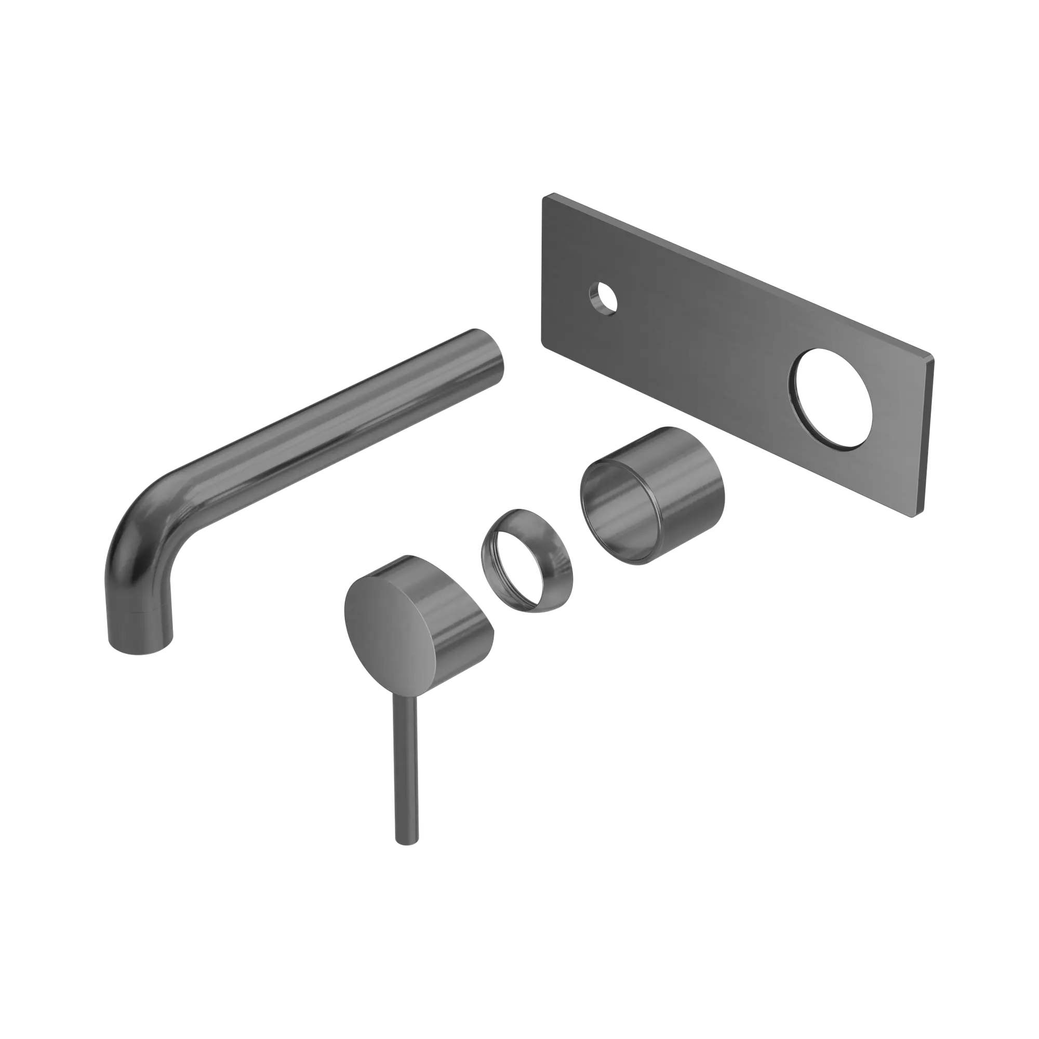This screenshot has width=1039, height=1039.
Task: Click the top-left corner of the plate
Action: tap(543, 197)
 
